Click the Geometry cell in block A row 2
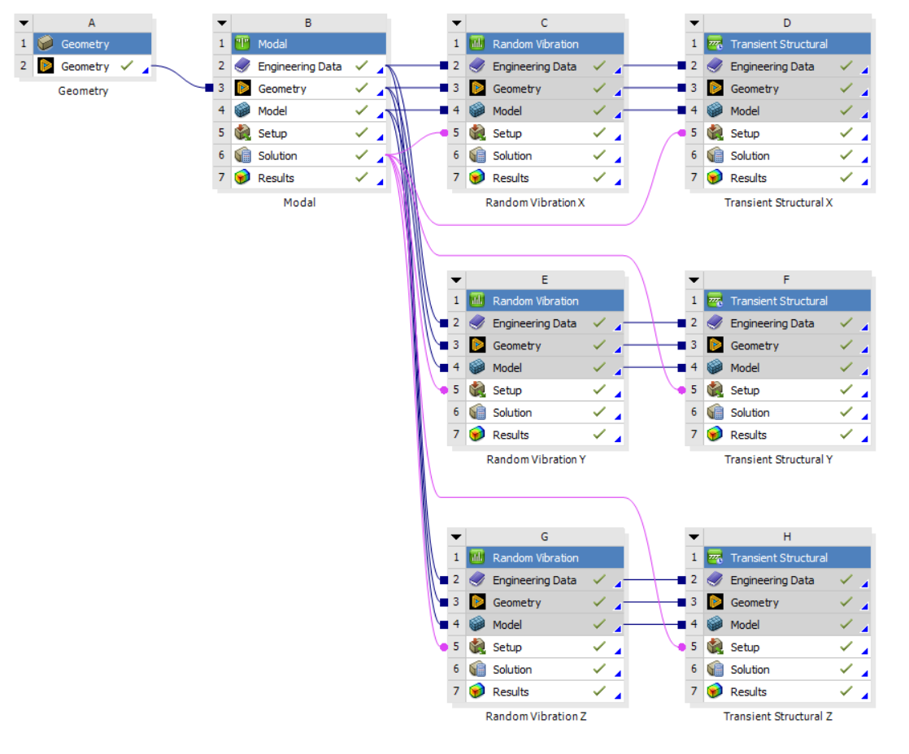tap(85, 67)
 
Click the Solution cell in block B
tap(277, 156)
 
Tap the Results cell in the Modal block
tap(276, 178)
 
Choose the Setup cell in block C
tap(507, 133)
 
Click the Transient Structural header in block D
tap(778, 44)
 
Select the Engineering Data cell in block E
tap(534, 323)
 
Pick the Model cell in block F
tap(745, 368)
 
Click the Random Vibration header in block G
tap(535, 558)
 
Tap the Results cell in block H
tap(748, 692)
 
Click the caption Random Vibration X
tap(535, 202)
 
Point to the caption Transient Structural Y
tap(778, 459)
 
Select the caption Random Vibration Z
tap(535, 717)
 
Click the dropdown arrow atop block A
tap(24, 24)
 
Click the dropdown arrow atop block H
tap(694, 537)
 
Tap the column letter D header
tap(786, 24)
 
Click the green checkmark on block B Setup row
tap(362, 133)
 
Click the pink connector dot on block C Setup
tap(443, 133)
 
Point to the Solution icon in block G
tap(477, 669)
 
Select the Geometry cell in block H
tap(754, 603)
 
